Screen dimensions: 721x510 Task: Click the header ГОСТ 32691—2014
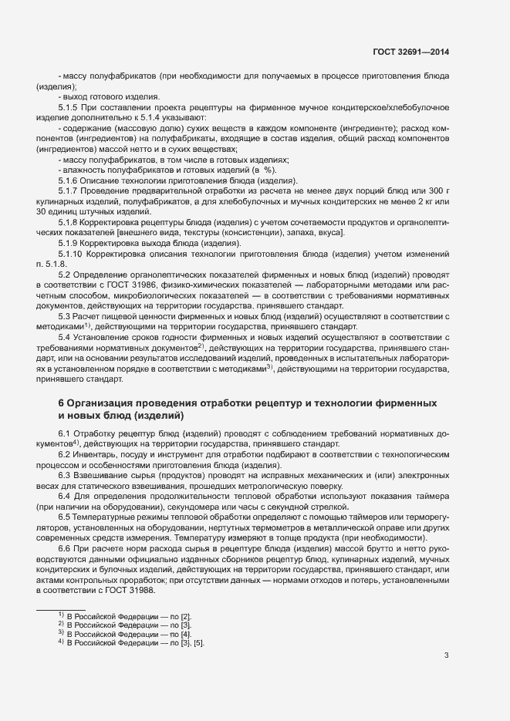pos(411,52)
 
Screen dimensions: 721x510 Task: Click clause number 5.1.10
pos(71,253)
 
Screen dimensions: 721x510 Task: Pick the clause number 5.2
pos(65,274)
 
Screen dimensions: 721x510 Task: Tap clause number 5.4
pos(65,337)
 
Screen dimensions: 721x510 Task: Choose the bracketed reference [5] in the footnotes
pos(199,643)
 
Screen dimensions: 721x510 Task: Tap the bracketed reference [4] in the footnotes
pos(185,634)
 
